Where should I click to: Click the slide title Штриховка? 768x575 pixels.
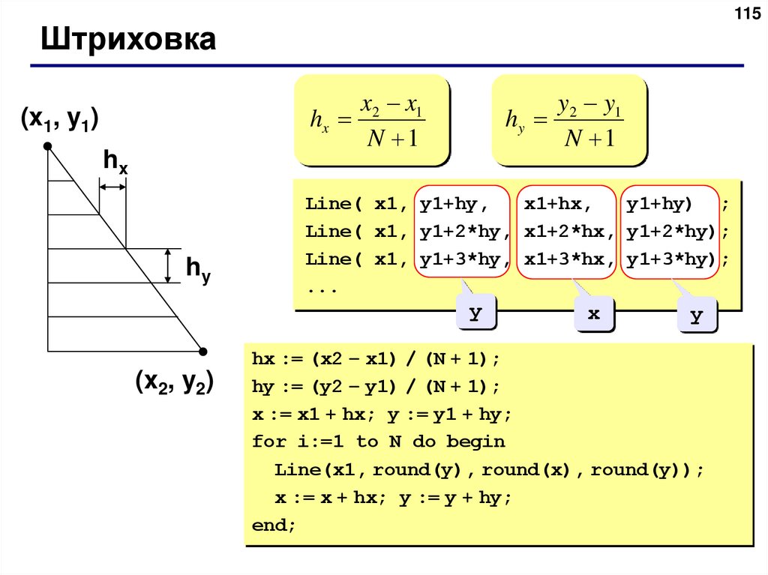pos(128,40)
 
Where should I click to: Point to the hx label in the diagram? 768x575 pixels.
pos(115,161)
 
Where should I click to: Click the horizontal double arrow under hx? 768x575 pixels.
pos(113,187)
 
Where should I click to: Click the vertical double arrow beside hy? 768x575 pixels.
pos(169,265)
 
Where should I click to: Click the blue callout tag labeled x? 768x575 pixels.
pos(594,315)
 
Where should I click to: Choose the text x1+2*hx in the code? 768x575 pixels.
pos(563,232)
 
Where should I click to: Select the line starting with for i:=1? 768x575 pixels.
pos(379,442)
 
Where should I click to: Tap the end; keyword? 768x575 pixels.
pos(274,526)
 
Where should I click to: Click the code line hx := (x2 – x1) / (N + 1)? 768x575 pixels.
pos(375,359)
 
